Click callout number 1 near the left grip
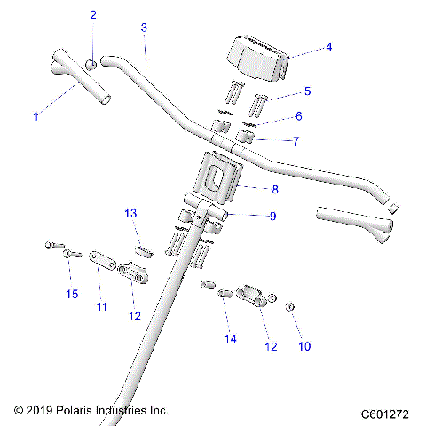tap(36, 116)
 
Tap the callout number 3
tap(144, 28)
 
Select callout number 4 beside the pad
tap(328, 47)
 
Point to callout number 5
tap(307, 91)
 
